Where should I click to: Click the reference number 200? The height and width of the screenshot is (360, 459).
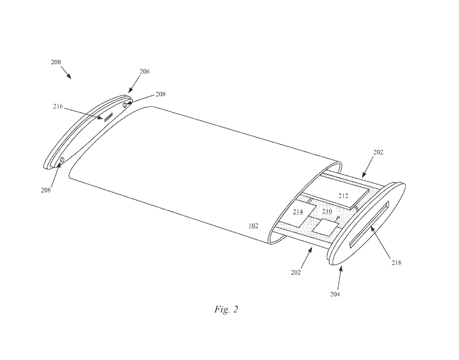pos(56,63)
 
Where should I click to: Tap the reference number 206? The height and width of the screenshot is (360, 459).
pos(144,72)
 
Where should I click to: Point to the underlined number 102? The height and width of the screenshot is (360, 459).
pos(253,226)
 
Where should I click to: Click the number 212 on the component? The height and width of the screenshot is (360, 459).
pos(343,195)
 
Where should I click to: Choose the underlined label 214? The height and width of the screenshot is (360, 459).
pos(298,212)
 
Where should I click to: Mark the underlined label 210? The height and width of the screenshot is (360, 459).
pos(327,212)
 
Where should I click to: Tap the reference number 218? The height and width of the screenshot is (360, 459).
pos(396,263)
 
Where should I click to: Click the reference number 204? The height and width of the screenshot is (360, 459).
pos(335,294)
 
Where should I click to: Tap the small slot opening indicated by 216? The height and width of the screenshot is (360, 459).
pos(107,116)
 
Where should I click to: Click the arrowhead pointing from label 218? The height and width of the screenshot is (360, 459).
pos(371,226)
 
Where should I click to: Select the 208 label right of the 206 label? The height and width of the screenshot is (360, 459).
pos(161,94)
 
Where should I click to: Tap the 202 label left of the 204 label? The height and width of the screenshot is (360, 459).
pos(296,271)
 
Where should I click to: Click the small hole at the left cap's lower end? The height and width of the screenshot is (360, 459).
pos(62,160)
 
